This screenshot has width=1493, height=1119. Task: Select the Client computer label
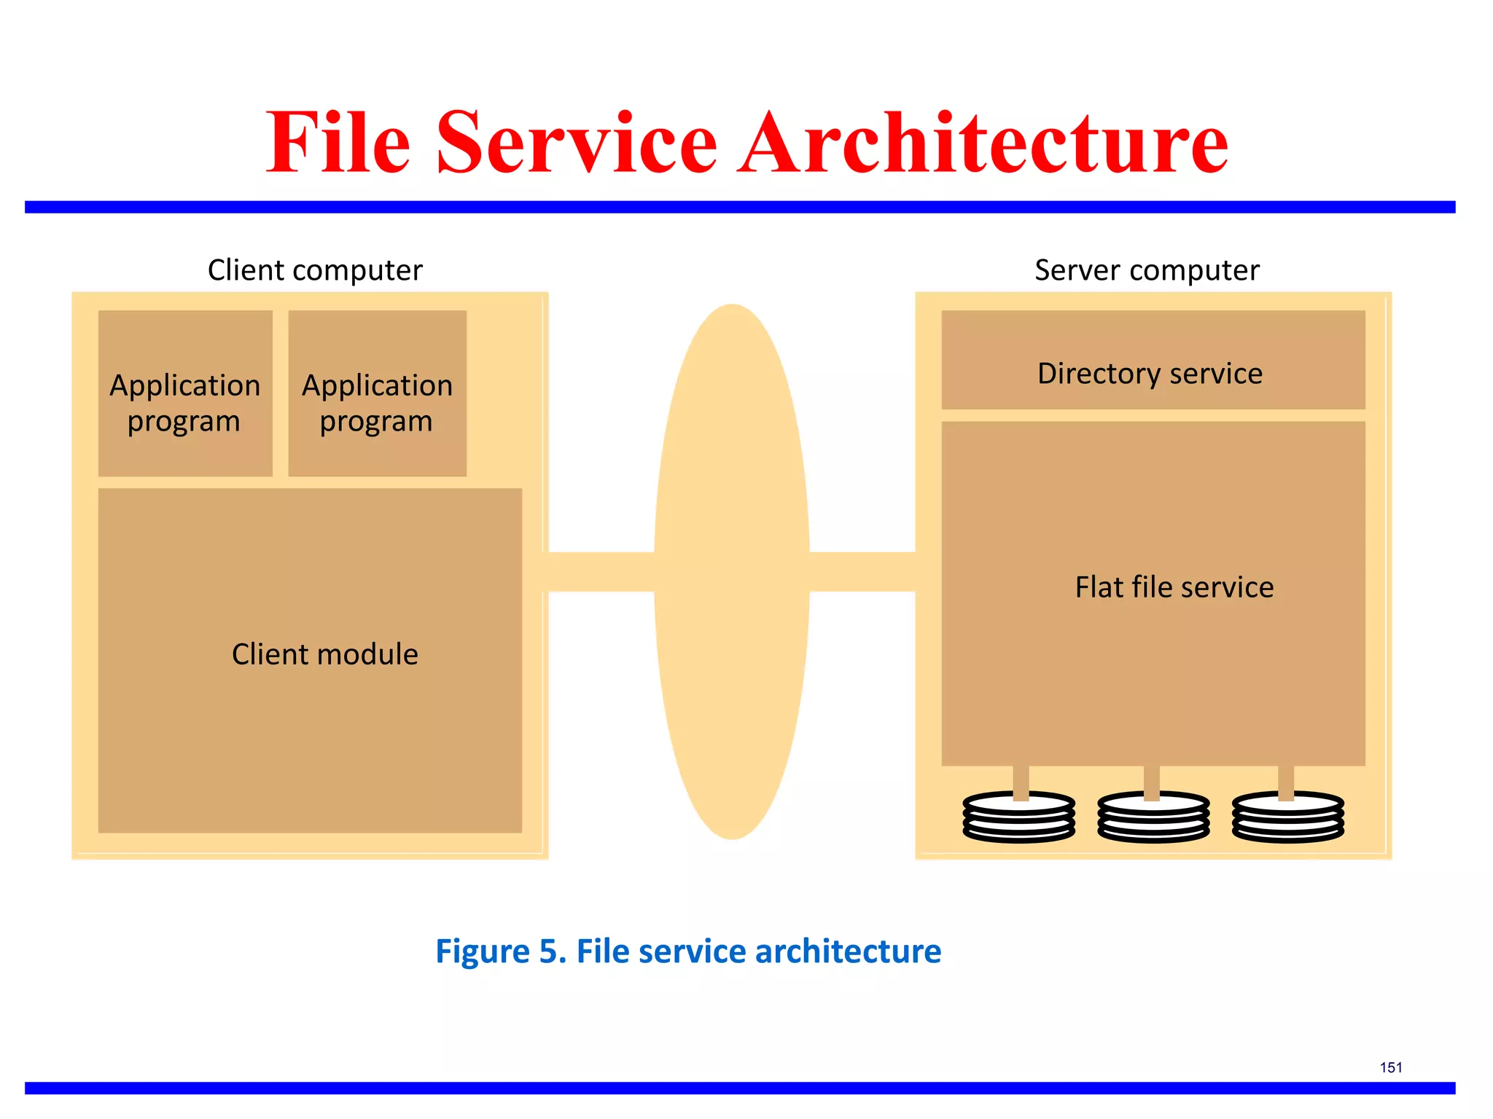click(x=315, y=270)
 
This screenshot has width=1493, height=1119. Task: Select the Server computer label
click(x=1147, y=270)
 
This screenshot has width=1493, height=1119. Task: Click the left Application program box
click(x=185, y=394)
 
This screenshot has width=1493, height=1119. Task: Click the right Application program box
click(x=377, y=394)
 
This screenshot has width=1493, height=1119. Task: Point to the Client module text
click(x=325, y=654)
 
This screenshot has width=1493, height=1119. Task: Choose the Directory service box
click(x=1153, y=361)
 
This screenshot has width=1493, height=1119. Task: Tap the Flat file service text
click(x=1174, y=587)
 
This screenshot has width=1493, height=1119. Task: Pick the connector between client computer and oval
click(x=601, y=572)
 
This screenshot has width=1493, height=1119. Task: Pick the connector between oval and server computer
click(x=862, y=572)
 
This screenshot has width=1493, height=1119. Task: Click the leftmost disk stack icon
click(x=1018, y=818)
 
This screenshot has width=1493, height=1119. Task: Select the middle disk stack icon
click(x=1153, y=818)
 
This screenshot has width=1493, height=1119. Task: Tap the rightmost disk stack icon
click(x=1287, y=818)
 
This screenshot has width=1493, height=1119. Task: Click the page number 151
click(x=1391, y=1067)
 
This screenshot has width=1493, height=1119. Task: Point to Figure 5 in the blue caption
click(x=500, y=951)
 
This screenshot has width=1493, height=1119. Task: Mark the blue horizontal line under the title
click(x=740, y=208)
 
